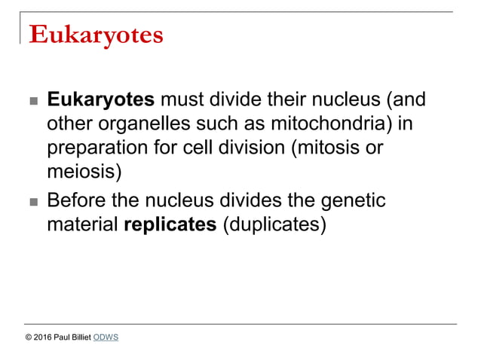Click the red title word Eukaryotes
pyautogui.click(x=95, y=35)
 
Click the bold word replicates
pyautogui.click(x=170, y=224)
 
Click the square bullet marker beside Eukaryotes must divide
pyautogui.click(x=31, y=102)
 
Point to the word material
pyautogui.click(x=82, y=224)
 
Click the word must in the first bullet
pyautogui.click(x=182, y=100)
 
